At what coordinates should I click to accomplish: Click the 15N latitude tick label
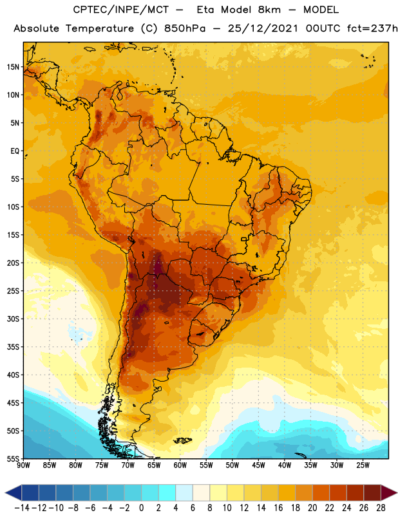pyautogui.click(x=13, y=67)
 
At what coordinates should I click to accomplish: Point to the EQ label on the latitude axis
pyautogui.click(x=15, y=151)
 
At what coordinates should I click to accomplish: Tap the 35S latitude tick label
pyautogui.click(x=13, y=347)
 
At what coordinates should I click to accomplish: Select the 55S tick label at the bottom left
pyautogui.click(x=13, y=458)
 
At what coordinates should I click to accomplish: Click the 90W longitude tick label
pyautogui.click(x=23, y=465)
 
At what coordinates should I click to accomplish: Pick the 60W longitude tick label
pyautogui.click(x=180, y=465)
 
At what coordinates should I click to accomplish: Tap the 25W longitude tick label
pyautogui.click(x=363, y=465)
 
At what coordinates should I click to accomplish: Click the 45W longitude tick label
pyautogui.click(x=258, y=465)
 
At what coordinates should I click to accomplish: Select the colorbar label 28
pyautogui.click(x=381, y=508)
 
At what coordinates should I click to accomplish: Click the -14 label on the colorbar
pyautogui.click(x=22, y=508)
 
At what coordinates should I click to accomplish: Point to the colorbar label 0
pyautogui.click(x=141, y=508)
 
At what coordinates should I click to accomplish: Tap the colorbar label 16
pyautogui.click(x=278, y=508)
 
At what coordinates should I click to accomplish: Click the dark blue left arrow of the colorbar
pyautogui.click(x=14, y=492)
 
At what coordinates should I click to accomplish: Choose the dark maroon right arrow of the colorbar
pyautogui.click(x=389, y=492)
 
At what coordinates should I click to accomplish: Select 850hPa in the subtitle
pyautogui.click(x=185, y=28)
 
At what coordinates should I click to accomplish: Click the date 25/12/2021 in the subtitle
pyautogui.click(x=263, y=28)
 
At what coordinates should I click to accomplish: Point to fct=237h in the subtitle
pyautogui.click(x=372, y=28)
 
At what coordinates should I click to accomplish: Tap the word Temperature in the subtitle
pyautogui.click(x=100, y=29)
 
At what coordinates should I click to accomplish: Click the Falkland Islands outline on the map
pyautogui.click(x=182, y=440)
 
